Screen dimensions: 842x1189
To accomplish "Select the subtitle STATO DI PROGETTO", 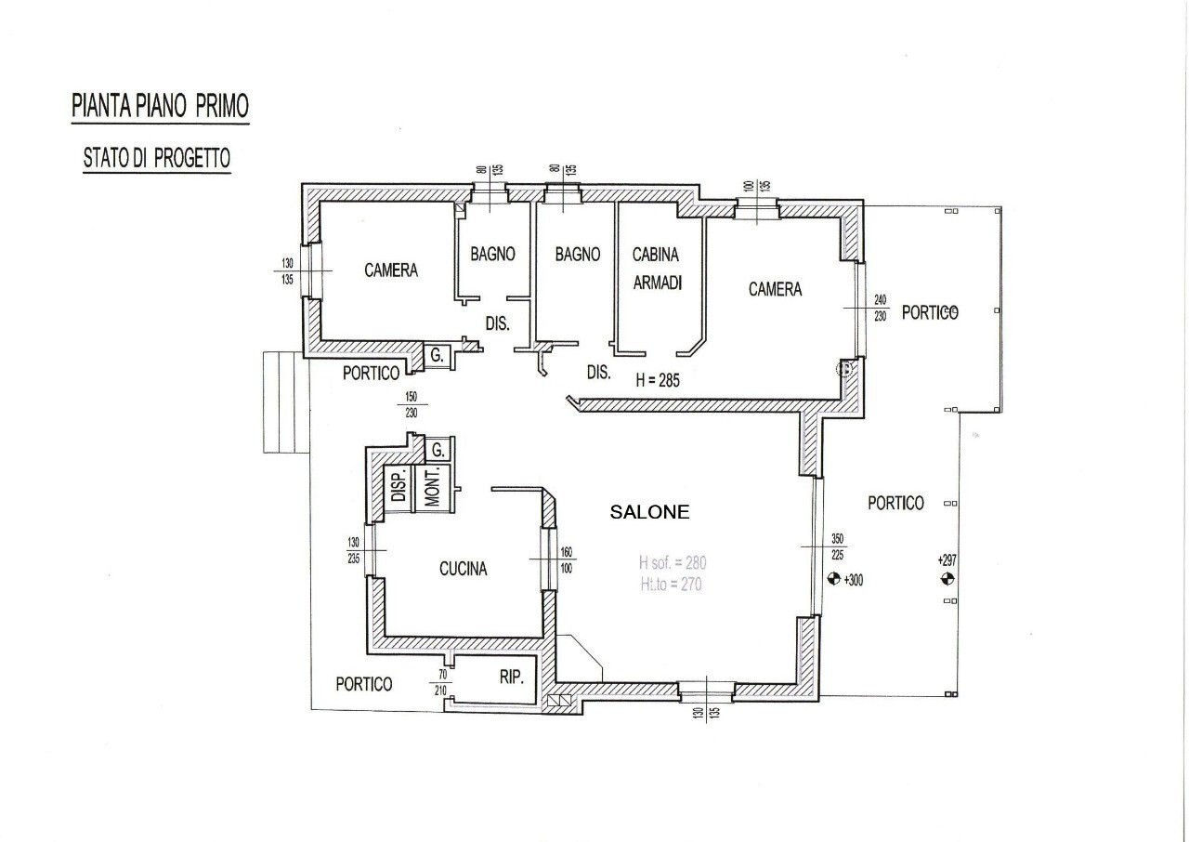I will click(x=156, y=158).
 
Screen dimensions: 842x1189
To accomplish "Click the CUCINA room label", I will click(x=463, y=570).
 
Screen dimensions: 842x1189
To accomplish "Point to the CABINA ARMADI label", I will click(x=657, y=269).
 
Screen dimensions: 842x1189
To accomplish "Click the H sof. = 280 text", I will click(x=673, y=562).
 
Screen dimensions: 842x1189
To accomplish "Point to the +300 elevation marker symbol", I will click(x=833, y=580).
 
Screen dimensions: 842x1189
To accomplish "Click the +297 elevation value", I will click(x=947, y=560).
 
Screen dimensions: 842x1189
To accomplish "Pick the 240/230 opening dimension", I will click(x=881, y=308).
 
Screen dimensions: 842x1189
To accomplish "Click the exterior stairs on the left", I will click(x=284, y=402).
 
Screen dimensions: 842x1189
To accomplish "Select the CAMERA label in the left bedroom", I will click(x=390, y=270).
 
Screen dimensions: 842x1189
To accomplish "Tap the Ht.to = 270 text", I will click(x=670, y=585).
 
